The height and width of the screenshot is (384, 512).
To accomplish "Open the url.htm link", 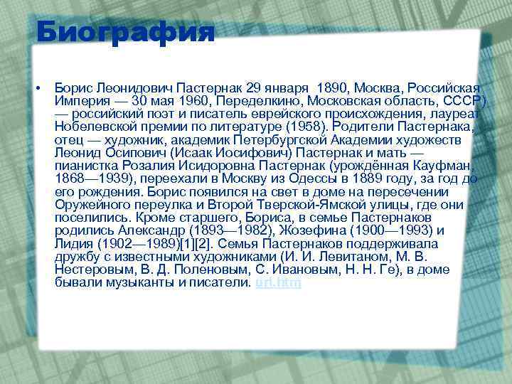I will (278, 282).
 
